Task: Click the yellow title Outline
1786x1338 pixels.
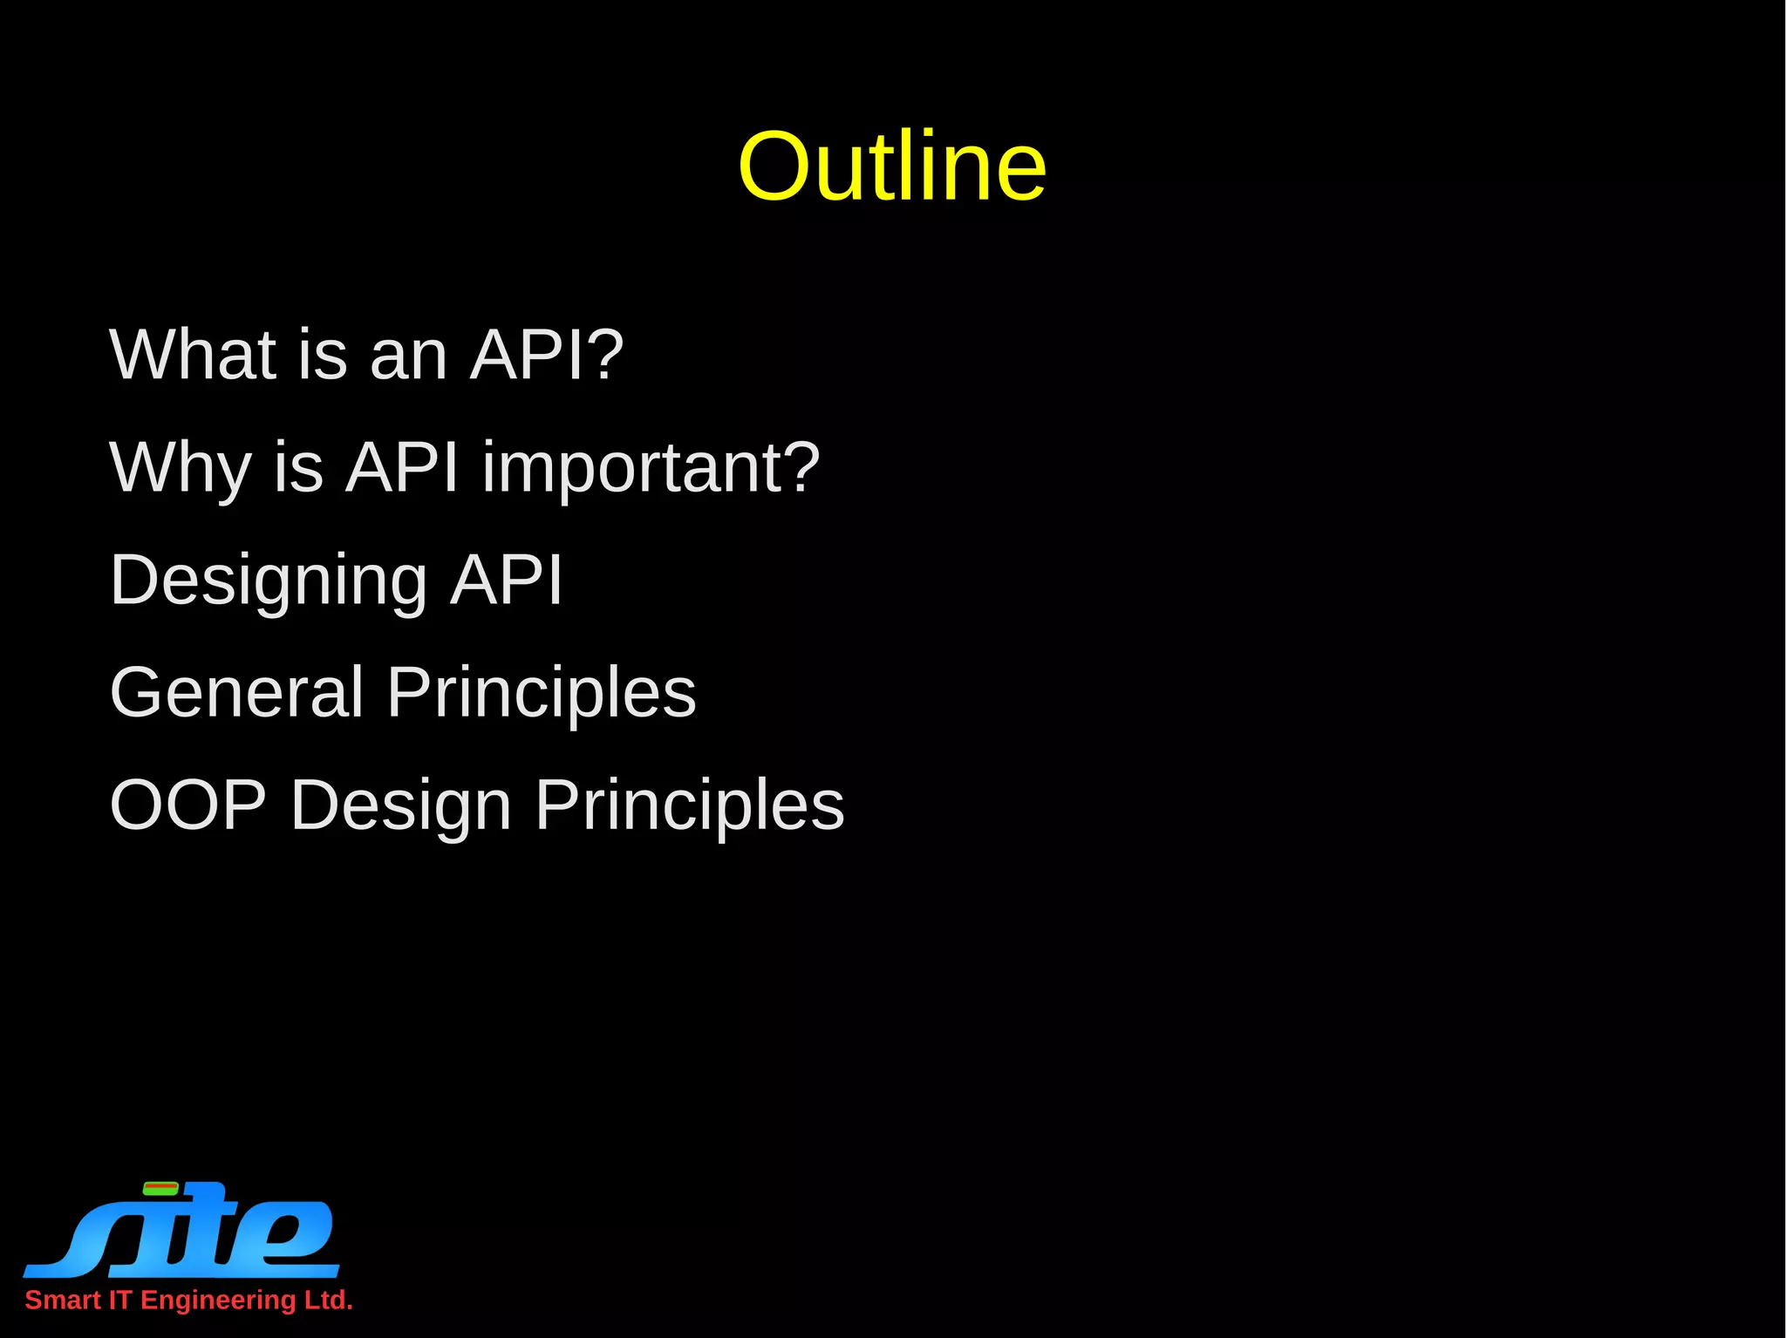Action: [x=891, y=166]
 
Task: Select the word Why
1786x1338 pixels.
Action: [x=181, y=468]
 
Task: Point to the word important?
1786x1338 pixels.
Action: [x=651, y=468]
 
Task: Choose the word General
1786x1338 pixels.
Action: [x=236, y=692]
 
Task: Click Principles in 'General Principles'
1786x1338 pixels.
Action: [x=541, y=692]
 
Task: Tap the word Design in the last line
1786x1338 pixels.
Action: [x=400, y=805]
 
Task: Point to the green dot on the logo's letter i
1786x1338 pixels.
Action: [x=160, y=1188]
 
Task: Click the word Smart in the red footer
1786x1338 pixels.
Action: [x=63, y=1301]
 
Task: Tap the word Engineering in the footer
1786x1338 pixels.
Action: [x=218, y=1301]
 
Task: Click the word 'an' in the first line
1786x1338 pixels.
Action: [x=408, y=356]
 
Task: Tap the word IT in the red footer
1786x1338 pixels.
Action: [x=119, y=1301]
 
